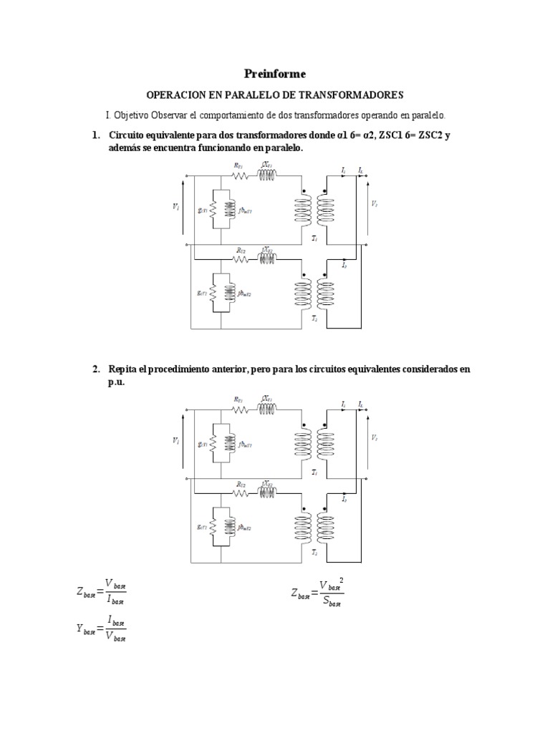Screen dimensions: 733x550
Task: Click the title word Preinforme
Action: (x=275, y=74)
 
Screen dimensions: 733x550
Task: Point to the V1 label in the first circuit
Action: (x=176, y=206)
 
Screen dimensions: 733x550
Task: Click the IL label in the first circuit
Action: (x=360, y=170)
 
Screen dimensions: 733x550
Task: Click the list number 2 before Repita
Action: (x=95, y=369)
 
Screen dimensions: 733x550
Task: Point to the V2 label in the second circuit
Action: (x=374, y=438)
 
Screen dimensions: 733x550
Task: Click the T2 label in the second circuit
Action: (x=314, y=552)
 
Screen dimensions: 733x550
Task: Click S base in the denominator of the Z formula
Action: (x=332, y=602)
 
